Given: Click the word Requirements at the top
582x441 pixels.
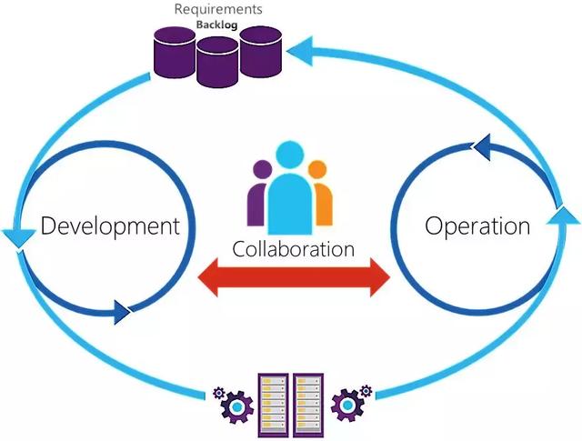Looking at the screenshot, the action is pos(218,10).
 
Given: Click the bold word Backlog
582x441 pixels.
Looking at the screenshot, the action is pos(216,25).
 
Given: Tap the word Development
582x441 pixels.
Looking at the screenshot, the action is pos(110,226).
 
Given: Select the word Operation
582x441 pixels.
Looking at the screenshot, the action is pos(477,226).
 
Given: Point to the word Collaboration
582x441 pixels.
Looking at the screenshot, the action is pos(293,249).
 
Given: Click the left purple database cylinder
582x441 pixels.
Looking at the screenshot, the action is pos(175,53).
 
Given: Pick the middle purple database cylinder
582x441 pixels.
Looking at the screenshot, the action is pos(217,62).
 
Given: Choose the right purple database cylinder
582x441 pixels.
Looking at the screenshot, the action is pos(261,51).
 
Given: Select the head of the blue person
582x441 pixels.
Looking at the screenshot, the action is pos(290,155).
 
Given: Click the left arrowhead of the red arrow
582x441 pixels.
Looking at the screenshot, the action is pos(208,277).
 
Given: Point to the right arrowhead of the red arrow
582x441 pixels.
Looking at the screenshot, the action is pos(380,277).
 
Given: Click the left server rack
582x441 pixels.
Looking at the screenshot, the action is pos(273,405).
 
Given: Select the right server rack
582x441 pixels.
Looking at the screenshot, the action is pos(308,405).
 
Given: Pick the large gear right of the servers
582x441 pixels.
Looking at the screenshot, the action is pos(347,405).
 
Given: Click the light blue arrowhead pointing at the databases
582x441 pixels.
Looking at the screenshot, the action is pos(301,51).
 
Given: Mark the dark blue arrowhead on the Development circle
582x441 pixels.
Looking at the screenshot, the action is pos(122,312).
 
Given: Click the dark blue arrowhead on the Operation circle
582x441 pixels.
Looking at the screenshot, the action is pos(481,147).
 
